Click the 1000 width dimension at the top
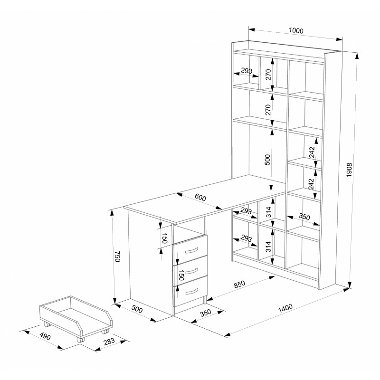pos(296,30)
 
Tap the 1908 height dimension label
pos(349,170)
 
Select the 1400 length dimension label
pos(285,308)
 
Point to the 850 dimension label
pos(239,284)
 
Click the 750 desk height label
pos(117,256)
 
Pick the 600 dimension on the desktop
pos(200,198)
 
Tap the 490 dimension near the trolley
pos(45,337)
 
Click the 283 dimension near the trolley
pos(109,342)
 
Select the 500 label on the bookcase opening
pos(267,160)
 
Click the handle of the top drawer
pos(191,250)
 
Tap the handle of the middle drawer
pos(191,270)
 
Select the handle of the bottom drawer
pos(191,291)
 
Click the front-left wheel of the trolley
pos(81,340)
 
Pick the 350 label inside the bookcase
pos(304,216)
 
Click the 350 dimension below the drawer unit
pos(206,313)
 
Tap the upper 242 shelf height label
pos(312,152)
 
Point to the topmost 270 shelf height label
pos(268,75)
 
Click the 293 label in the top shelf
pos(247,71)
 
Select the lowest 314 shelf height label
pos(268,247)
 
